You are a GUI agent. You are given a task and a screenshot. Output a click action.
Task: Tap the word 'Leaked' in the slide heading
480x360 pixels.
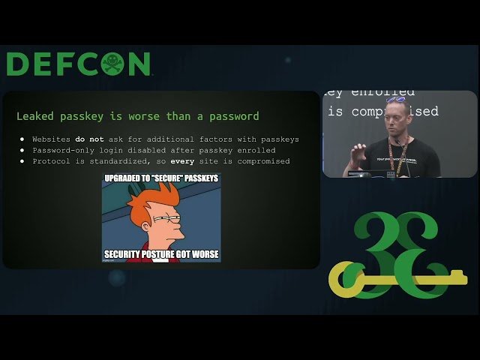(x=34, y=116)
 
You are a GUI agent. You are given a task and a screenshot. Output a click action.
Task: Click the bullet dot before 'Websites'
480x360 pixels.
(x=22, y=139)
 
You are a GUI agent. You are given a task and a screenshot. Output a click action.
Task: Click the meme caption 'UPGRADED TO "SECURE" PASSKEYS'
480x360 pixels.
(x=161, y=179)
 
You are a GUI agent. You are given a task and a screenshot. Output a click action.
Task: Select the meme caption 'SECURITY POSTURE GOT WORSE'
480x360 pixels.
(x=161, y=254)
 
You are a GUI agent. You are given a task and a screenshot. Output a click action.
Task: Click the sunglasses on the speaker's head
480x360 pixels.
(x=395, y=100)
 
